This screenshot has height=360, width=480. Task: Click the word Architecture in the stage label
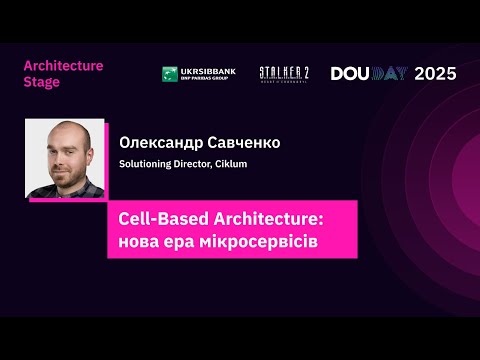pos(63,65)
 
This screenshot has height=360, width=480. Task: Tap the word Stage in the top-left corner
pos(41,82)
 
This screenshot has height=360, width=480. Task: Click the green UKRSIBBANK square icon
pos(170,74)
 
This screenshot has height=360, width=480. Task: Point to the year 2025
pos(435,73)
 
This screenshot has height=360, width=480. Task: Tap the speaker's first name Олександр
pos(161,142)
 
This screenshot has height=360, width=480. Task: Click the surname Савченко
pos(244,142)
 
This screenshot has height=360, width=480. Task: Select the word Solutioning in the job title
pos(147,164)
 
